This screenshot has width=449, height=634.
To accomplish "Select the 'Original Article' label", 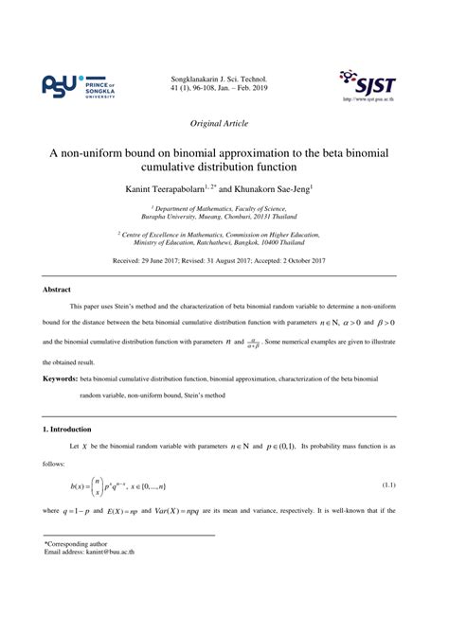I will coord(224,123).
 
